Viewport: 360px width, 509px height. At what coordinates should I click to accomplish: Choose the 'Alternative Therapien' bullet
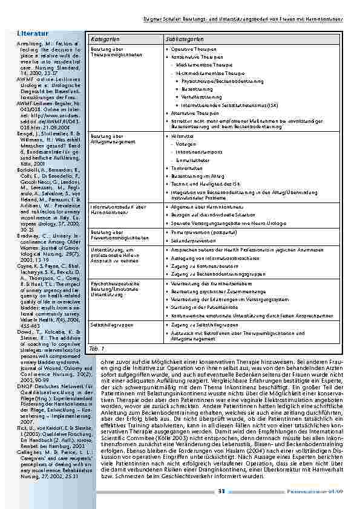(195, 112)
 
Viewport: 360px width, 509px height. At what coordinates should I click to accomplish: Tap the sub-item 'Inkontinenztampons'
(197, 152)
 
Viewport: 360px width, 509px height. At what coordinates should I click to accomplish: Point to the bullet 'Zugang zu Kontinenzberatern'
(200, 265)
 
